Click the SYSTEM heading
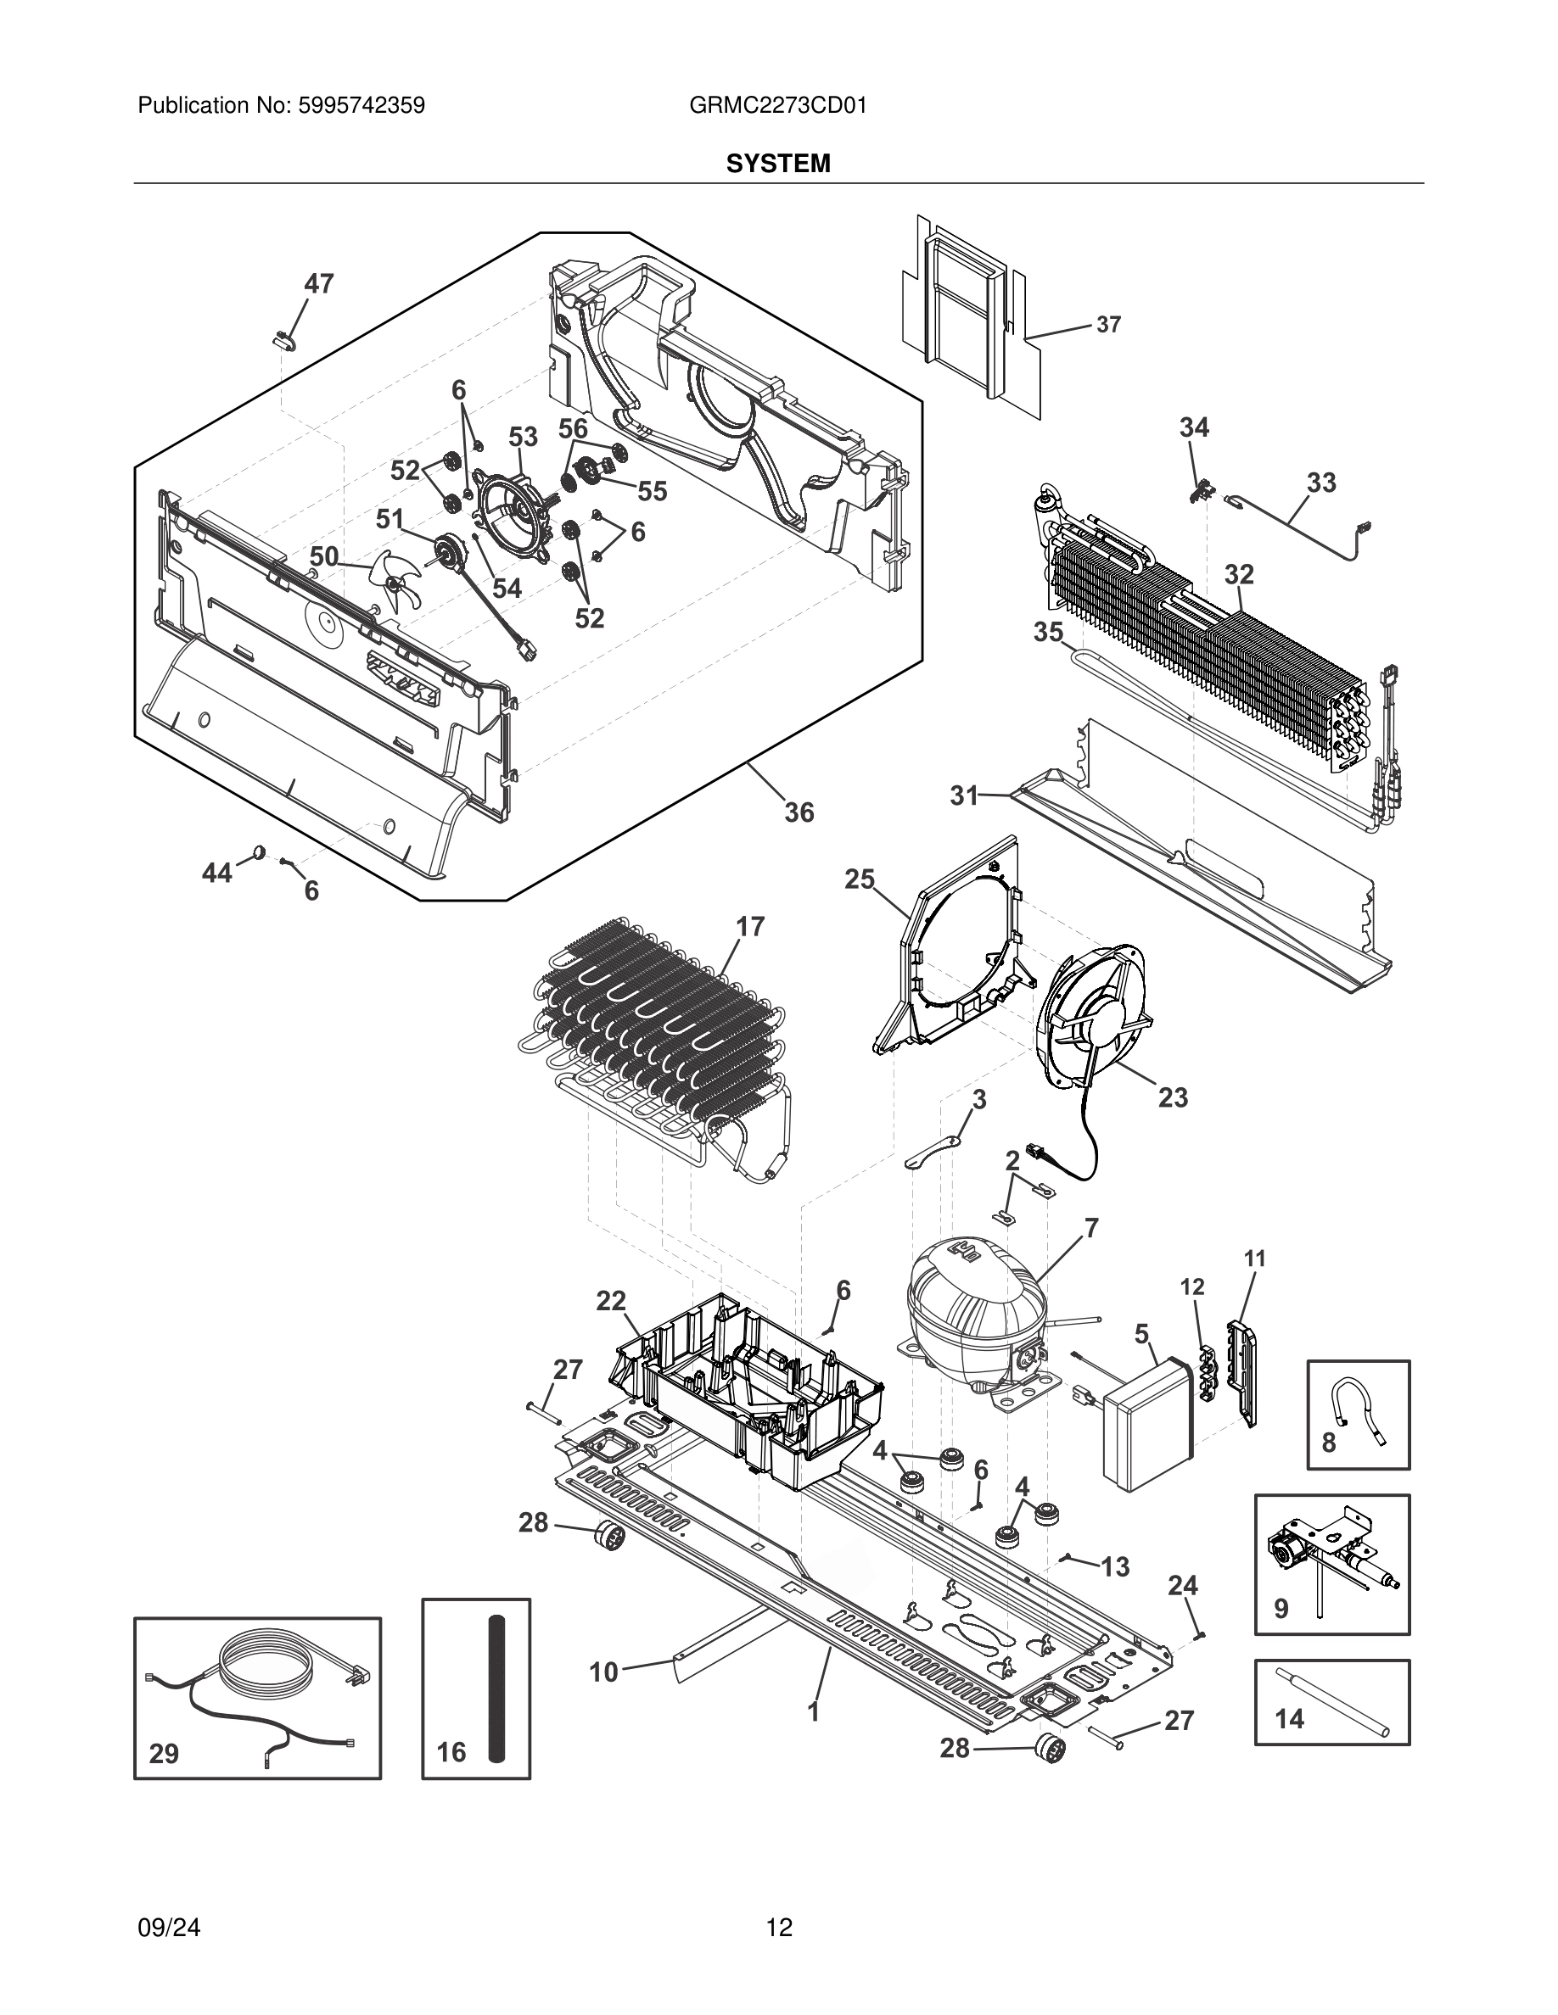(x=778, y=165)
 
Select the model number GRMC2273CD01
(x=777, y=105)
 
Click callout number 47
(x=318, y=284)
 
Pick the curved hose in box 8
(x=1359, y=1417)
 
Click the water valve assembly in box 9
(x=1329, y=1554)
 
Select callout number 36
(x=799, y=812)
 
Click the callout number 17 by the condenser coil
(x=750, y=926)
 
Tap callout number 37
(x=1108, y=325)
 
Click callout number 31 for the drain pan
(x=965, y=795)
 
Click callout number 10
(x=603, y=1672)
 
